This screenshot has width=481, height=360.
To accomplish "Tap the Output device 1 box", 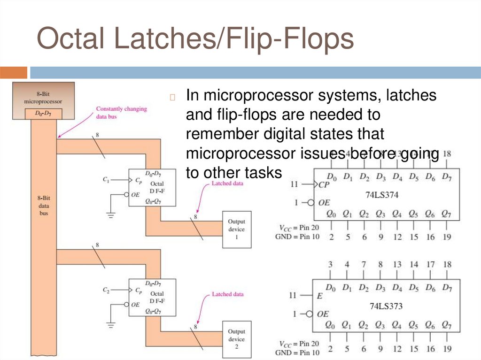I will click(x=236, y=230).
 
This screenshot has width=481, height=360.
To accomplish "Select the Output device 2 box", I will click(x=236, y=339).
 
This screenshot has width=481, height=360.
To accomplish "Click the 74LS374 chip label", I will click(x=381, y=194).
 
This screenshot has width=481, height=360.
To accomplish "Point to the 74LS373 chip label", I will click(x=386, y=306).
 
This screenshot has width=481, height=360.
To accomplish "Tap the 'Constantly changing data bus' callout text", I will click(x=121, y=112).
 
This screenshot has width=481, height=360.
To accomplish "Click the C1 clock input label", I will click(x=106, y=179).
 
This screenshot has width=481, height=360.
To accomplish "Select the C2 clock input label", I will click(x=106, y=290).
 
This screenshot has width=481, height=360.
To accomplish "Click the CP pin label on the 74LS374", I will click(x=324, y=184).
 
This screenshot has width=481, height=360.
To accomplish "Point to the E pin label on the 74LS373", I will click(x=320, y=296).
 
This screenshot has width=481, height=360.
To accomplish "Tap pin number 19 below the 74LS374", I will click(x=447, y=237).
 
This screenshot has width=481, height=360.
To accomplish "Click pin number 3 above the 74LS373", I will click(x=331, y=265).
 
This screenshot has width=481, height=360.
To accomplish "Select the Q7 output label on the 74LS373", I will click(x=447, y=325).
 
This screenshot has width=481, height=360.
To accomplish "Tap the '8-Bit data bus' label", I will click(x=43, y=206).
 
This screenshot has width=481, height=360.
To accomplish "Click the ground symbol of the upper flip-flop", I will click(x=111, y=215).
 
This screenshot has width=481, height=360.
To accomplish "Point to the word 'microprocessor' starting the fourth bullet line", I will click(x=237, y=153).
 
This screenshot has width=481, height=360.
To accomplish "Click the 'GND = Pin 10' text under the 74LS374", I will click(x=297, y=237).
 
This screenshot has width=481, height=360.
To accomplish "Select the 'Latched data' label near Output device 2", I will click(x=227, y=294).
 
